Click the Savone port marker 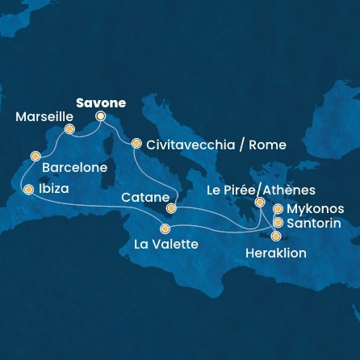pyautogui.click(x=101, y=115)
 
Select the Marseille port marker pyautogui.click(x=69, y=129)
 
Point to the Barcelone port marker pyautogui.click(x=35, y=156)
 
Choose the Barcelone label pyautogui.click(x=74, y=170)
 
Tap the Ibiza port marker pyautogui.click(x=29, y=190)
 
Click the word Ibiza pyautogui.click(x=54, y=190)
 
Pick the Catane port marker pyautogui.click(x=171, y=208)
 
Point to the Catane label pyautogui.click(x=144, y=197)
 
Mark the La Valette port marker pyautogui.click(x=165, y=228)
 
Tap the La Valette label pyautogui.click(x=166, y=245)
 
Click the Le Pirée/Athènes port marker pyautogui.click(x=260, y=203)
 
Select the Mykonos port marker pyautogui.click(x=278, y=209)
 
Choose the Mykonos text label pyautogui.click(x=316, y=209)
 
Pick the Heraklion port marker pyautogui.click(x=276, y=237)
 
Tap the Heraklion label pyautogui.click(x=275, y=253)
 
